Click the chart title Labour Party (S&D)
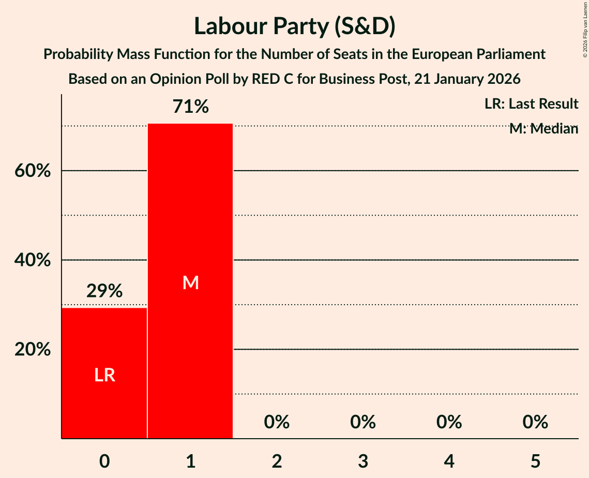click(x=294, y=26)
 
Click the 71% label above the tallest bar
click(x=190, y=107)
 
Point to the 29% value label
click(x=104, y=291)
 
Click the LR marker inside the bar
click(x=104, y=375)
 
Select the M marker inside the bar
click(x=190, y=282)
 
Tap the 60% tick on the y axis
click(x=32, y=171)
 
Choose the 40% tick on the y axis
click(x=32, y=260)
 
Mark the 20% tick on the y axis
click(x=32, y=350)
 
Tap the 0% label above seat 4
click(x=449, y=422)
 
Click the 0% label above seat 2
click(x=277, y=422)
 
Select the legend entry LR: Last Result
click(x=531, y=104)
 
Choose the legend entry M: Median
click(x=543, y=129)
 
